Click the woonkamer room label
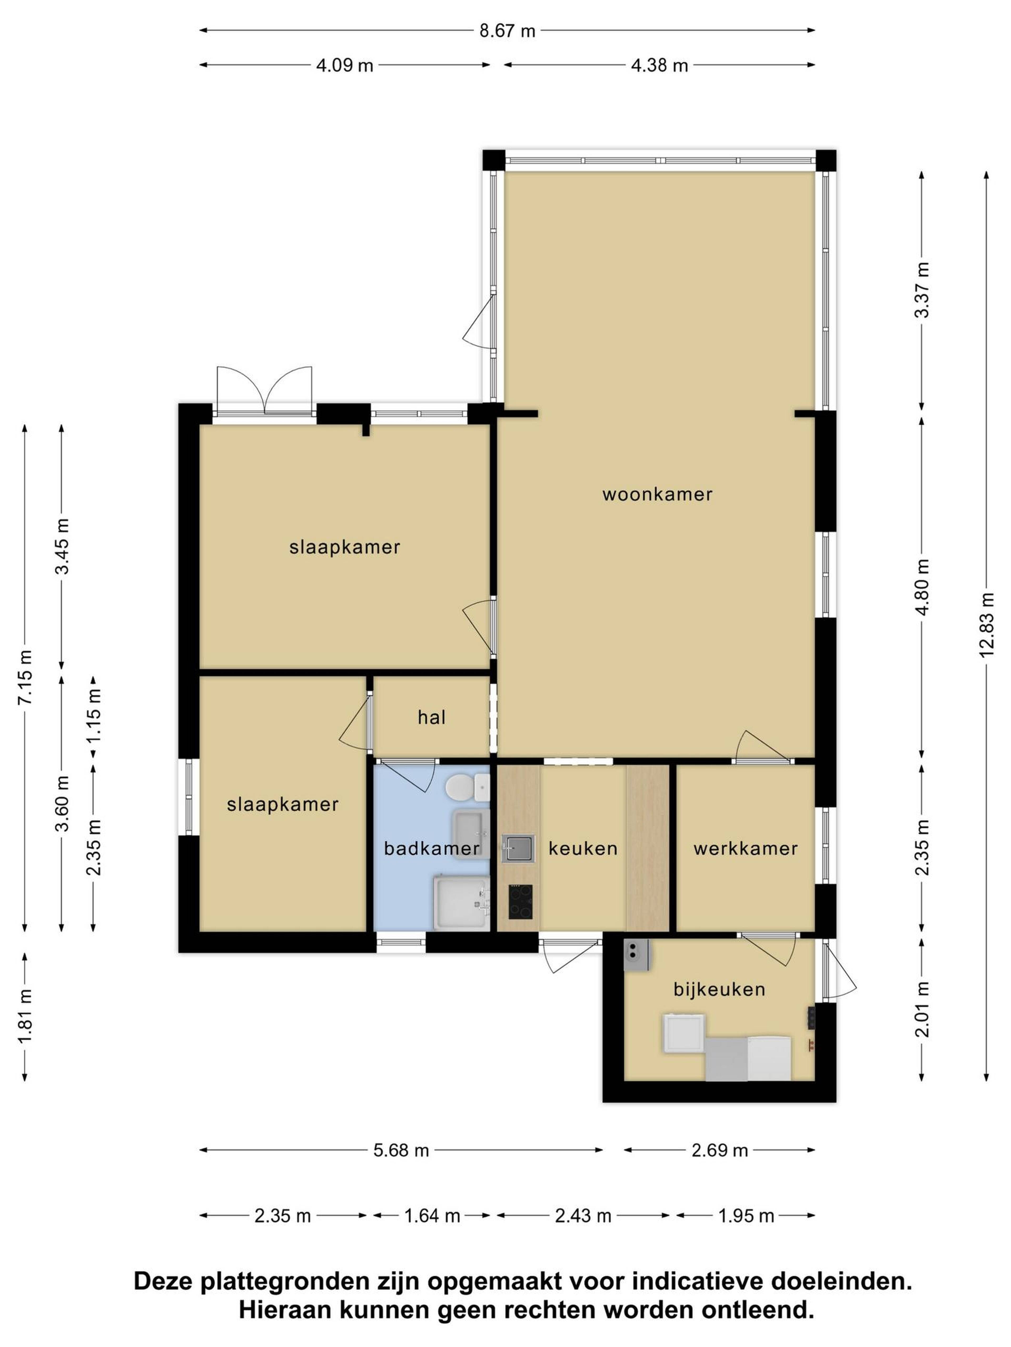coord(657,494)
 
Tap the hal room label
coord(432,717)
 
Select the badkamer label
coord(432,848)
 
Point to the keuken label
coord(583,848)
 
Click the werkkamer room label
coord(745,848)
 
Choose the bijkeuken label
coord(719,989)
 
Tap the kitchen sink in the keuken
coord(518,848)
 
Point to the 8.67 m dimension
coord(507,31)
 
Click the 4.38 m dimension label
coord(659,65)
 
